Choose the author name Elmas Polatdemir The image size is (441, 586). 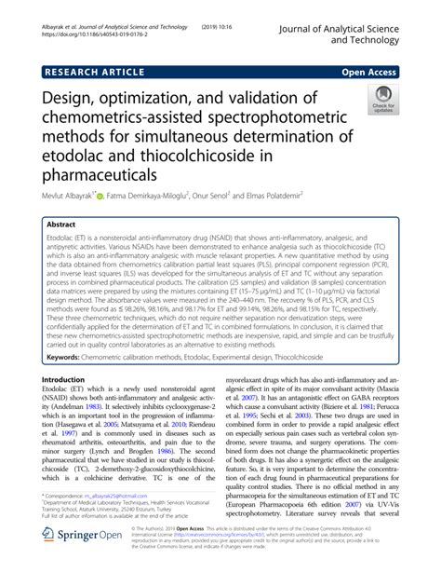338,198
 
